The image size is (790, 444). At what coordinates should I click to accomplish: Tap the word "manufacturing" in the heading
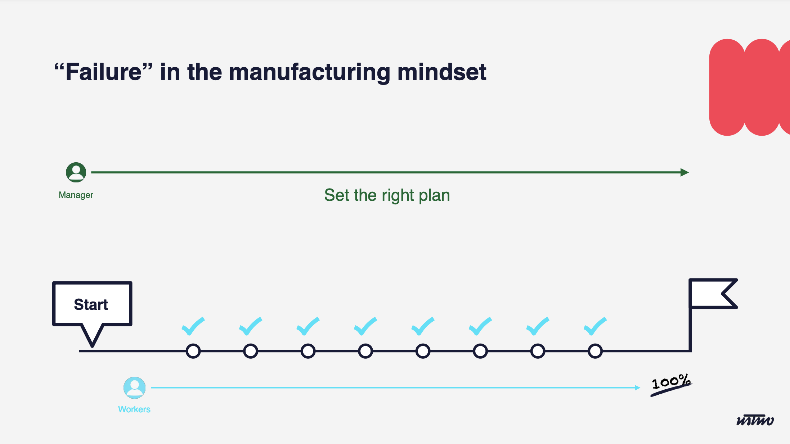click(x=309, y=72)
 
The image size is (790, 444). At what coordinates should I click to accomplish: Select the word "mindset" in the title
click(x=442, y=72)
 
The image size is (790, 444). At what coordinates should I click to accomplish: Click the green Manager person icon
click(x=76, y=172)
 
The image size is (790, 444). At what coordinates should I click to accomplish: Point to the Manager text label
click(x=76, y=195)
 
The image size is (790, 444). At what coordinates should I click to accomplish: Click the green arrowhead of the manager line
click(x=684, y=172)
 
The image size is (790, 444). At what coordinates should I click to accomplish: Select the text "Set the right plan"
click(x=387, y=195)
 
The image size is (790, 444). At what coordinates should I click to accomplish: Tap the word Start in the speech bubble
click(x=91, y=304)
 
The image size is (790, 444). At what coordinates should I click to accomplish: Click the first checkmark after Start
click(x=193, y=326)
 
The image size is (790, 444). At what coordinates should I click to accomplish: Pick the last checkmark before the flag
click(x=595, y=326)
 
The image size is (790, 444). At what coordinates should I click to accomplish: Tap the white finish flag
click(x=711, y=294)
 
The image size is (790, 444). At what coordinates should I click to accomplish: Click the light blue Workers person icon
click(x=134, y=388)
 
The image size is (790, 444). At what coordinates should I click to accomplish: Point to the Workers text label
click(x=134, y=409)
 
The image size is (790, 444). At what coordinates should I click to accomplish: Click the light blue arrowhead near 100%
click(x=638, y=388)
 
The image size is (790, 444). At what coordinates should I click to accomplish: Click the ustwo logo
click(x=755, y=420)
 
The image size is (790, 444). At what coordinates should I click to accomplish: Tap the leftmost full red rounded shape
click(x=727, y=87)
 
